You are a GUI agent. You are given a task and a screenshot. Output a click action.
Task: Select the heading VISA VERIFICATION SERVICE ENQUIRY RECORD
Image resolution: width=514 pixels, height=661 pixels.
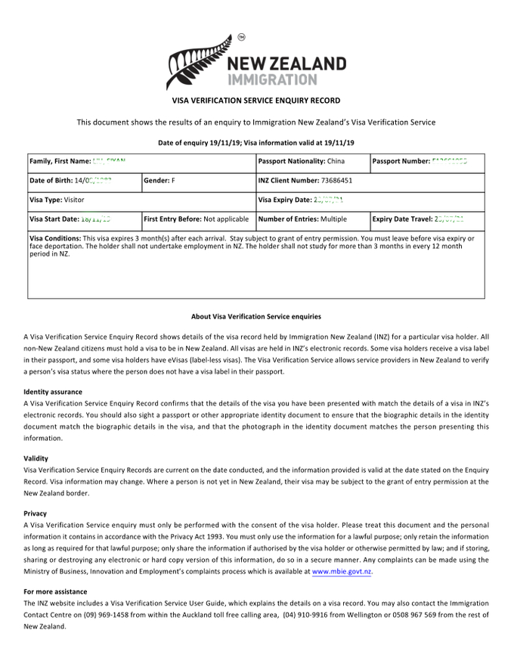click(256, 101)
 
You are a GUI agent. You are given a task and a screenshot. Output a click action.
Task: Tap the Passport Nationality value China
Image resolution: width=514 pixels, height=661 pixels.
click(336, 161)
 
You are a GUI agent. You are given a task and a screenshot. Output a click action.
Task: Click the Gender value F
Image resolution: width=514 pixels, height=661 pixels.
click(173, 181)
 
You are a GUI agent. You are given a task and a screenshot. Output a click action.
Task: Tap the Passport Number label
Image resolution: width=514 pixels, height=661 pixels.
click(401, 161)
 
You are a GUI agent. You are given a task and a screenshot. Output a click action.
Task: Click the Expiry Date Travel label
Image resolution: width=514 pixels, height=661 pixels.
click(402, 219)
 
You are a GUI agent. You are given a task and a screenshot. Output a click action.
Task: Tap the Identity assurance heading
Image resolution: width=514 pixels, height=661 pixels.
click(54, 392)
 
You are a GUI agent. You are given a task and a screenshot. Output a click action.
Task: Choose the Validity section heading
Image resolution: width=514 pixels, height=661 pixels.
click(36, 458)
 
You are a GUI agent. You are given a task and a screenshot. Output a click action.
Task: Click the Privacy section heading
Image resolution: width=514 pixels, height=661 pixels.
click(35, 514)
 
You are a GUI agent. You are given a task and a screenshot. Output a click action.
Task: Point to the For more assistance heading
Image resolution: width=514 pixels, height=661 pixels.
click(55, 591)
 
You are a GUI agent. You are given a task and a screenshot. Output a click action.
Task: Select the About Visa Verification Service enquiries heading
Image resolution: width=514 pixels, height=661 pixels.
click(256, 316)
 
